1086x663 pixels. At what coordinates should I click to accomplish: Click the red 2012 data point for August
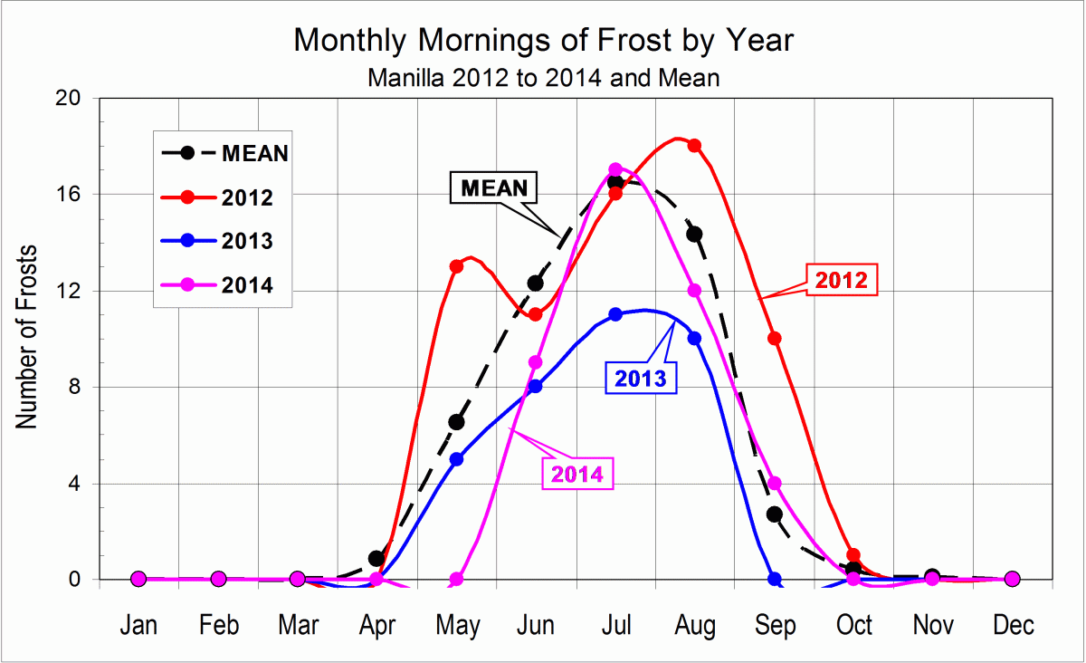coord(694,145)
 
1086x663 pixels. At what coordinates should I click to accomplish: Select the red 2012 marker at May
coord(456,266)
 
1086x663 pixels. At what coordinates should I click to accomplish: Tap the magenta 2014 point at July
coord(615,169)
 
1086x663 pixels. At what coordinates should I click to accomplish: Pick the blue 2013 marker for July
coord(615,314)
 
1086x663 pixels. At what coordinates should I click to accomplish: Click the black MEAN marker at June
coord(536,283)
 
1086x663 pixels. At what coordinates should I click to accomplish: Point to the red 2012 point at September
coord(774,338)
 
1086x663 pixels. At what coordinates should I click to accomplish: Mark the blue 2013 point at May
coord(456,459)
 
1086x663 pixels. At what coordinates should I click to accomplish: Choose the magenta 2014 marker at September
coord(774,483)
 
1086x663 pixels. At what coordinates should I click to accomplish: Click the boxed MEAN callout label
coord(494,188)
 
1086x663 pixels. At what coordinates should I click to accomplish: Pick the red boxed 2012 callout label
coord(842,281)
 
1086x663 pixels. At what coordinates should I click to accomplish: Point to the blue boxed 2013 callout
coord(640,379)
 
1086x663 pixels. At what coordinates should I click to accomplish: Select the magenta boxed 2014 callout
coord(577,474)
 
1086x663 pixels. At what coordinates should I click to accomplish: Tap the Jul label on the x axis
coord(615,626)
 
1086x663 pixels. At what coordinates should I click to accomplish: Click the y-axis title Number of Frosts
coord(28,337)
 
